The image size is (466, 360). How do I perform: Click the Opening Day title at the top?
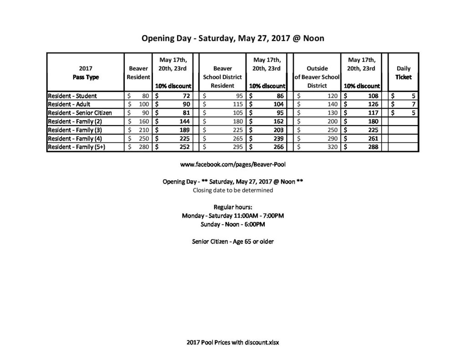point(233,38)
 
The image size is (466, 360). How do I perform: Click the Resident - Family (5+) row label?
point(76,147)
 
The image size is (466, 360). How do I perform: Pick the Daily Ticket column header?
point(403,73)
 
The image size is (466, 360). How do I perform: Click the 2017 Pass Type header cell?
point(86,73)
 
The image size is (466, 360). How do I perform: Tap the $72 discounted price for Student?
point(173,96)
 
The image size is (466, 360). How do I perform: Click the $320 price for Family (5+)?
point(318,147)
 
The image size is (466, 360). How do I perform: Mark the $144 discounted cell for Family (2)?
point(173,122)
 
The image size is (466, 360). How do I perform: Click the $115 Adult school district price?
point(223,105)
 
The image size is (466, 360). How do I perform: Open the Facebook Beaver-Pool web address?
point(233,164)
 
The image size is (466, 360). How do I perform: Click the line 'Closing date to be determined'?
point(233,190)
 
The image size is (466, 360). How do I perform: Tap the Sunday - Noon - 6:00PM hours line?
point(233,224)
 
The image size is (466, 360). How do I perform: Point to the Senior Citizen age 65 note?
point(233,241)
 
